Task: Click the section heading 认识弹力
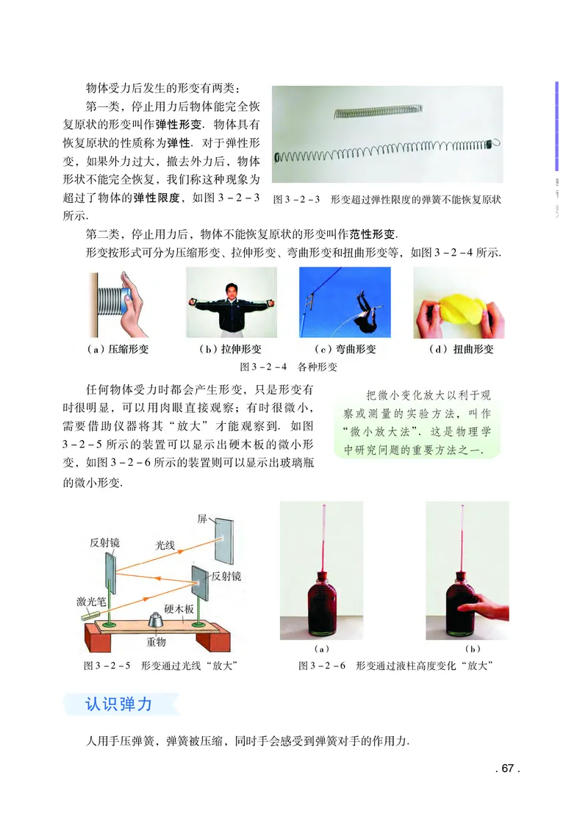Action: point(118,704)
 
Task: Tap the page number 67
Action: point(506,769)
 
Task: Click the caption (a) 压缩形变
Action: point(118,350)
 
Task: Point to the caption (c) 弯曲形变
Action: point(345,350)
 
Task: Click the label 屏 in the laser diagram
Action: point(202,519)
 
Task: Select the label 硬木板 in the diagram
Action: point(179,609)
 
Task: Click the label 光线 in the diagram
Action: point(165,546)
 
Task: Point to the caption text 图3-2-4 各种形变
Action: point(289,367)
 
